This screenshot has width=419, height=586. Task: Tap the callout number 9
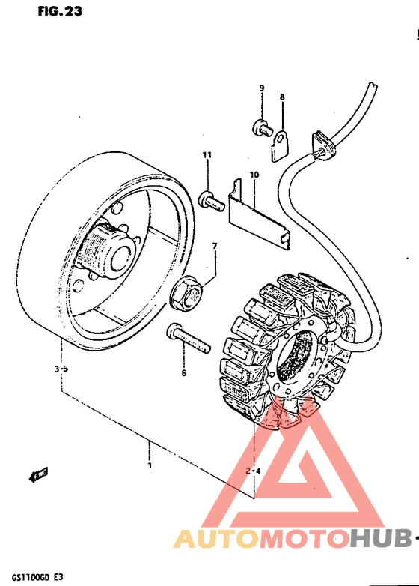(x=262, y=88)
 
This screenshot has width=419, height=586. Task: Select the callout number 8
(x=282, y=97)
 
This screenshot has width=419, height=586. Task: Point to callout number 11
(x=207, y=155)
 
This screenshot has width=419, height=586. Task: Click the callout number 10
(x=254, y=175)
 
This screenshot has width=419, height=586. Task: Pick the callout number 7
(x=214, y=246)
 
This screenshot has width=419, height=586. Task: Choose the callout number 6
(x=183, y=372)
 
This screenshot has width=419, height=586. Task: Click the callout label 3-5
(x=61, y=369)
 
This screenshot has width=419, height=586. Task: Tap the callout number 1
(x=150, y=465)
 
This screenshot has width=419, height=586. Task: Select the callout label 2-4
(x=253, y=471)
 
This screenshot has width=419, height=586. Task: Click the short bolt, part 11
(x=209, y=199)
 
